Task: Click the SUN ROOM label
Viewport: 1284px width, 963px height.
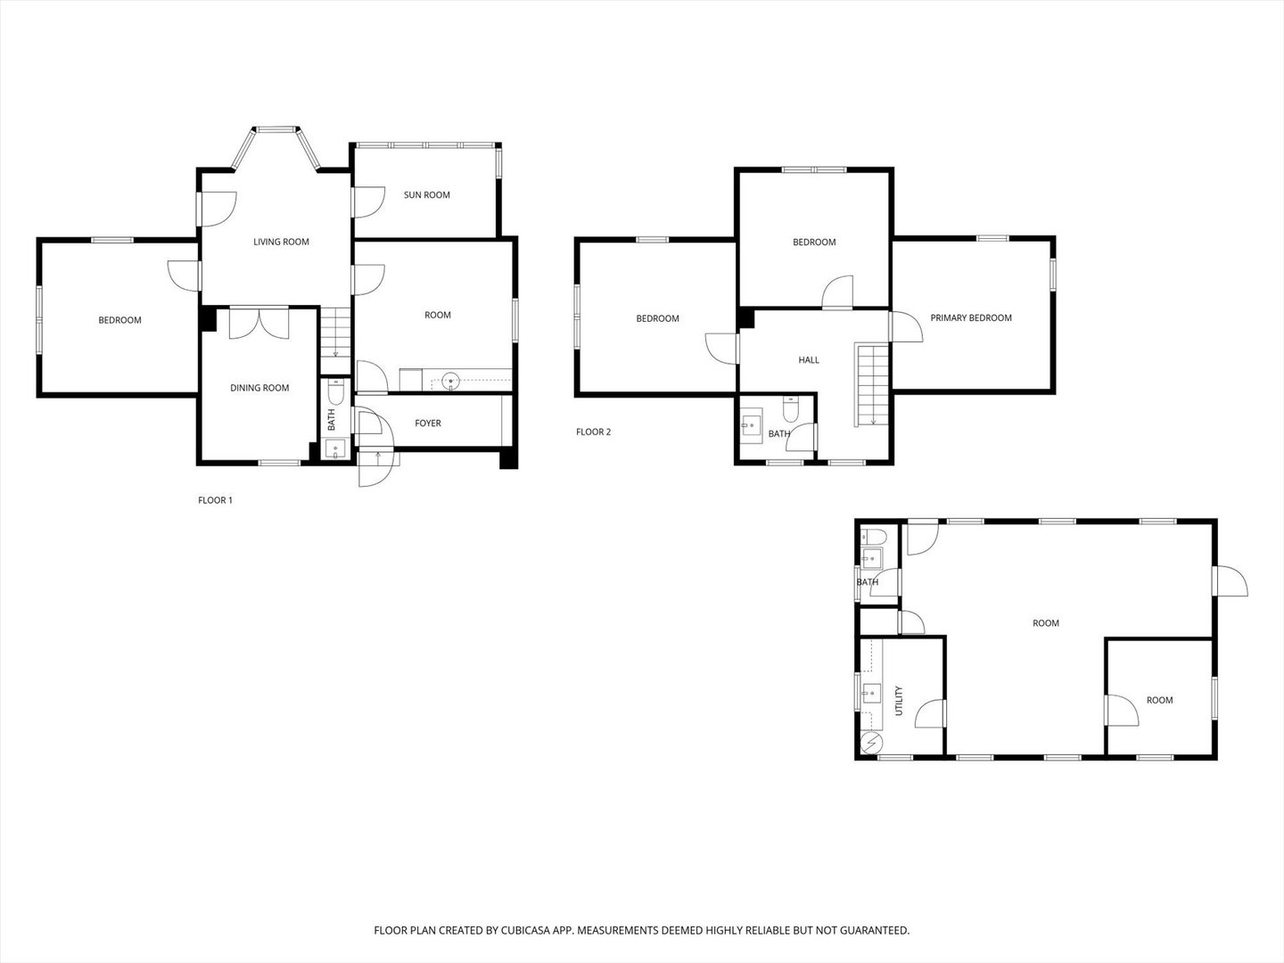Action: [426, 195]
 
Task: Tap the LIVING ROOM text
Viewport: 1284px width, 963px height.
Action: [281, 242]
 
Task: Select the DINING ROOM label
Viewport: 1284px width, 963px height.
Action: [259, 388]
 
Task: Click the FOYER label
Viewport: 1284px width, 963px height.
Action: [428, 424]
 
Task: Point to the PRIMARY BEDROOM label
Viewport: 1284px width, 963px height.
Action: [971, 318]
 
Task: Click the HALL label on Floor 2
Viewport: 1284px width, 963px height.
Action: [809, 360]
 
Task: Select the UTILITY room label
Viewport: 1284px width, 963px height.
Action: [899, 700]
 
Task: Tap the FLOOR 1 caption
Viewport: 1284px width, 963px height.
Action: [215, 500]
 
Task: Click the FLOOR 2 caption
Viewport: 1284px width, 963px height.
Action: [594, 432]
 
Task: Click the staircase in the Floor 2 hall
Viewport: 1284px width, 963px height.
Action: [868, 384]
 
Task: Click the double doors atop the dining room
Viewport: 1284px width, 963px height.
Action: [259, 323]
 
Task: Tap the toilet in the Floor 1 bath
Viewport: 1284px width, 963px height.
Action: [336, 393]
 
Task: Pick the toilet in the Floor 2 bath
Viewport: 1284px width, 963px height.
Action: [789, 409]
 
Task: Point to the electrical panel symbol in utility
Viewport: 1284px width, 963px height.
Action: [871, 743]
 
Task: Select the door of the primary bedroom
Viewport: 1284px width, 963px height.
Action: [905, 326]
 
